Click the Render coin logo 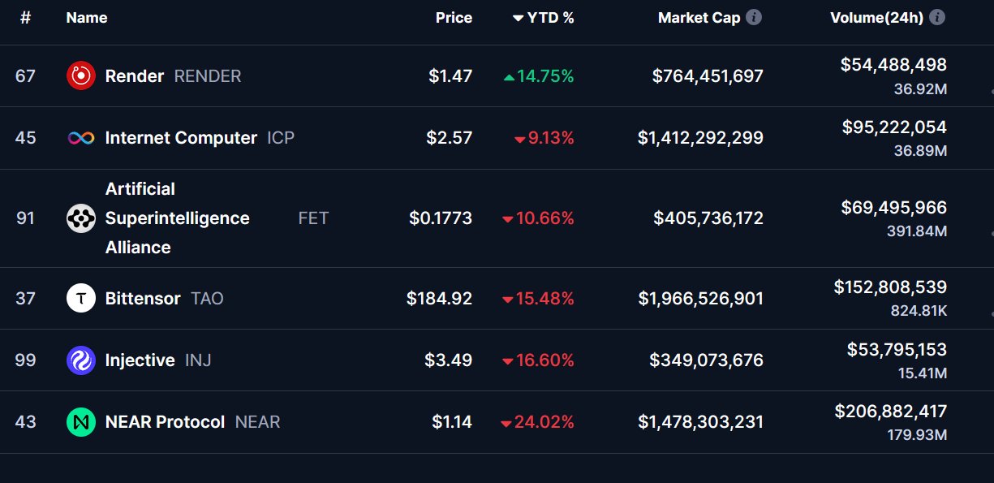pos(80,76)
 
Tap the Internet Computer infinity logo pos(80,138)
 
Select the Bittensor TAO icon pos(80,299)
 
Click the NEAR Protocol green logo pos(80,422)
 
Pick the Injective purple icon pos(80,360)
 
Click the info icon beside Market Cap pos(754,17)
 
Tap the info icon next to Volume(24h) pos(937,17)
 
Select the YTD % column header pos(544,18)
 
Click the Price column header pos(454,18)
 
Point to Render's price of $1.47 pos(450,76)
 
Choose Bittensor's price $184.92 pos(439,299)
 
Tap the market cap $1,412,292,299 pos(700,138)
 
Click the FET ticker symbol pos(313,218)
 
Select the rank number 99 pos(25,360)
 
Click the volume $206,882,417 pos(890,412)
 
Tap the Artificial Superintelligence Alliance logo pos(80,218)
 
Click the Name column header pos(86,18)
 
